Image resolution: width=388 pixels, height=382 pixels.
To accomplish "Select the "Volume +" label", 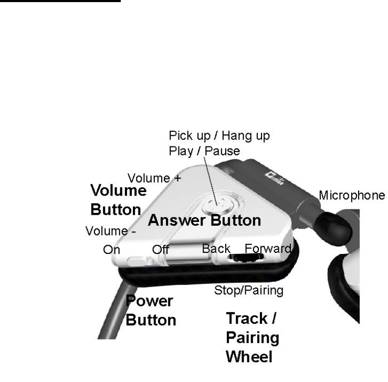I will [x=155, y=178].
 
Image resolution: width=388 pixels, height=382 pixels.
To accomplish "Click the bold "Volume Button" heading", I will [x=116, y=199].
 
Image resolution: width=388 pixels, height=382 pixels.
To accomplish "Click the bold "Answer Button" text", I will [x=204, y=220].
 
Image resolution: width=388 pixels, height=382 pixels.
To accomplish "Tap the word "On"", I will [x=111, y=250].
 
